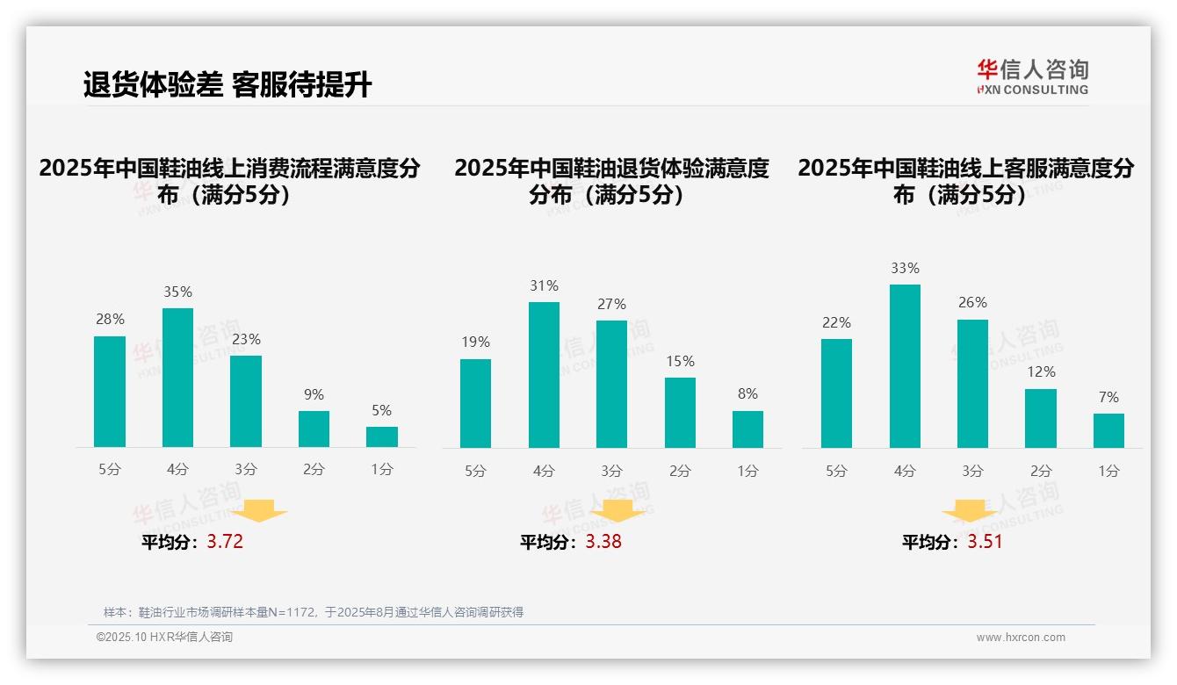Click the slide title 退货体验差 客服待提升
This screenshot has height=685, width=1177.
tap(227, 85)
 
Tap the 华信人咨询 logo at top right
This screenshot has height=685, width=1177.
tap(1032, 76)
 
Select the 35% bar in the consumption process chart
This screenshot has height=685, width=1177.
tap(177, 378)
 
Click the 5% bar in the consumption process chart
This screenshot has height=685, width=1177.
tap(382, 436)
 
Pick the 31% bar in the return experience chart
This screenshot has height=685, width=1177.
tap(544, 375)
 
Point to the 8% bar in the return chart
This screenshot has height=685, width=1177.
tap(747, 429)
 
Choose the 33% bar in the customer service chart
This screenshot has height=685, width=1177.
tap(905, 366)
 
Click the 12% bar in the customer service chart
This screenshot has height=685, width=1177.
tap(1041, 418)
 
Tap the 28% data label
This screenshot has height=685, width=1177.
tap(110, 320)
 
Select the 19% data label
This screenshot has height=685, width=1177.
tap(475, 342)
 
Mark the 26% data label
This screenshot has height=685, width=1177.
tap(972, 303)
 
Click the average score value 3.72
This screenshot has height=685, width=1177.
tap(225, 542)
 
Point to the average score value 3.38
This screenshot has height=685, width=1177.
tap(603, 542)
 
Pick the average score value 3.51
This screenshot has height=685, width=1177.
tap(985, 542)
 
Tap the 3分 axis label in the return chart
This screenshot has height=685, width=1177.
tap(611, 472)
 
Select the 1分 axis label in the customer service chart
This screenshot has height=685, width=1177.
tap(1108, 472)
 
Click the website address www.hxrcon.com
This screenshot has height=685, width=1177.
tap(1021, 638)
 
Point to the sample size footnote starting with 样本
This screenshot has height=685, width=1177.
tap(314, 612)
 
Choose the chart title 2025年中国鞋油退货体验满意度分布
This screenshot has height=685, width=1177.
tap(611, 181)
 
